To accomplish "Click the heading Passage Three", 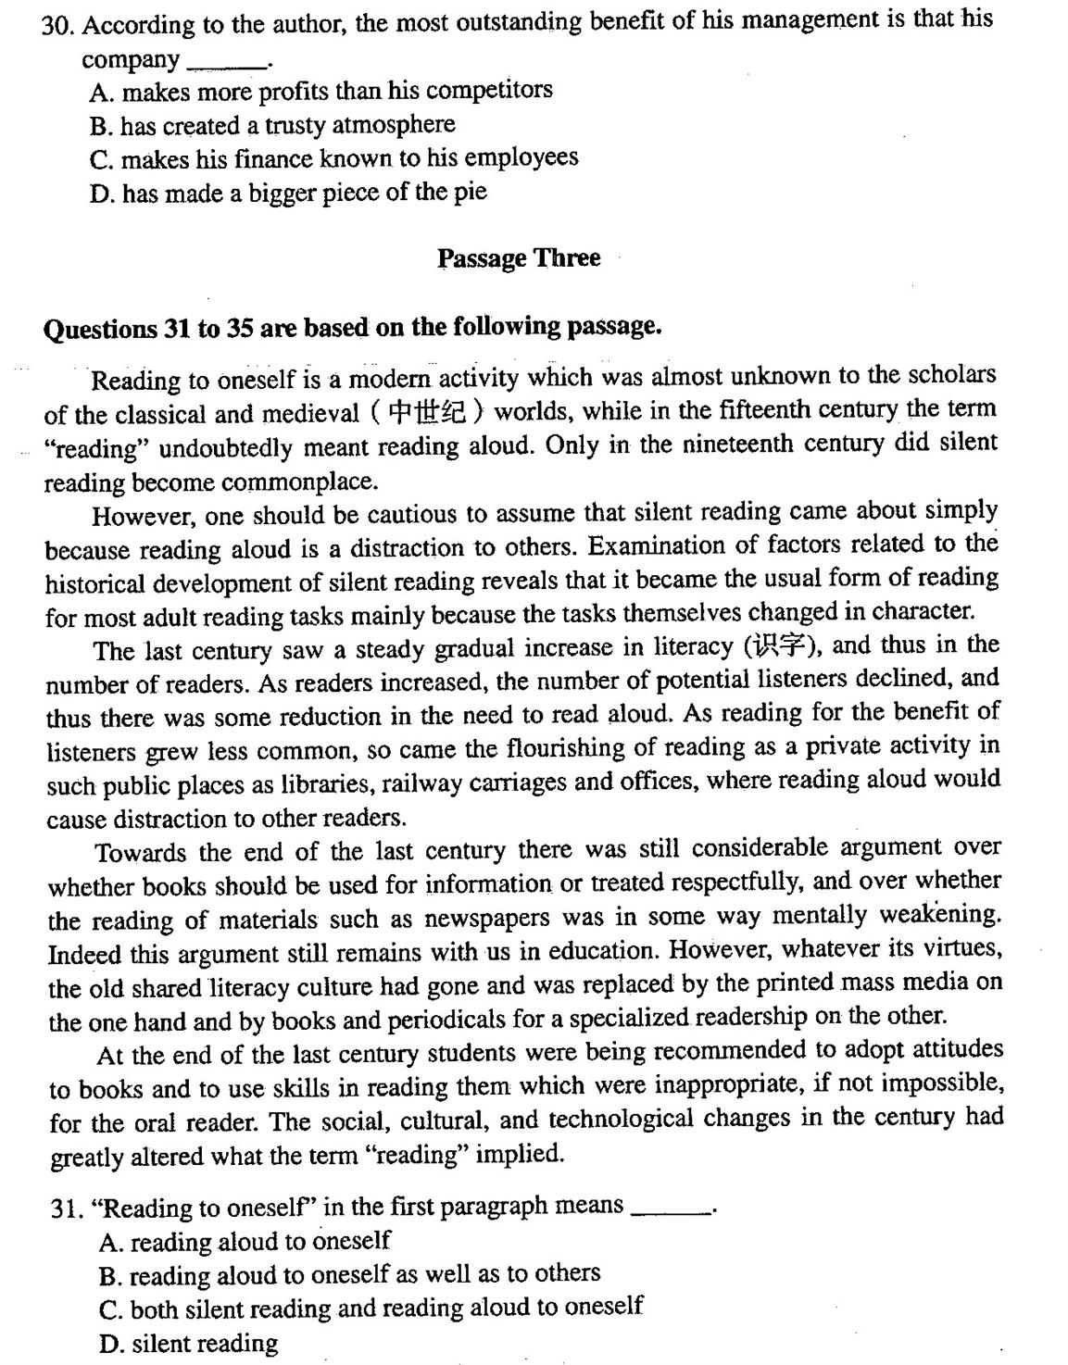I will [x=519, y=258].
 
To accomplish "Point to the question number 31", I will [x=69, y=1208].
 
